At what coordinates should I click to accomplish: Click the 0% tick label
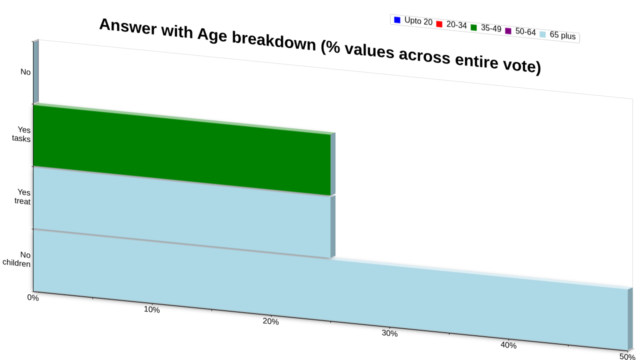tap(33, 297)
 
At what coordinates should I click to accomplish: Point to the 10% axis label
tap(151, 309)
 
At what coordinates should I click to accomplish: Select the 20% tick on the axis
tap(270, 321)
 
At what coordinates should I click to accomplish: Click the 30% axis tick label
tap(389, 333)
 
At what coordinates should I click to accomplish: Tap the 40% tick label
tap(508, 345)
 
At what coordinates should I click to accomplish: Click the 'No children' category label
tap(16, 259)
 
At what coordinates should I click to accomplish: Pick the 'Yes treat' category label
tap(22, 196)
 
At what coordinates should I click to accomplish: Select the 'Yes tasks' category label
tap(21, 134)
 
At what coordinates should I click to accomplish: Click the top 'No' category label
tap(25, 71)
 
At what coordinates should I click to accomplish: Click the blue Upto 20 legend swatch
tap(397, 20)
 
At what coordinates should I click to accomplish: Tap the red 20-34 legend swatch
tap(439, 24)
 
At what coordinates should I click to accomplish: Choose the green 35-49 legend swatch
tap(473, 27)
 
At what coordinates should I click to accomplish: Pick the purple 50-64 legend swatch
tap(508, 31)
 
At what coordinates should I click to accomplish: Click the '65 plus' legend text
tap(562, 35)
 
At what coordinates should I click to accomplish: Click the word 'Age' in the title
tap(212, 35)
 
